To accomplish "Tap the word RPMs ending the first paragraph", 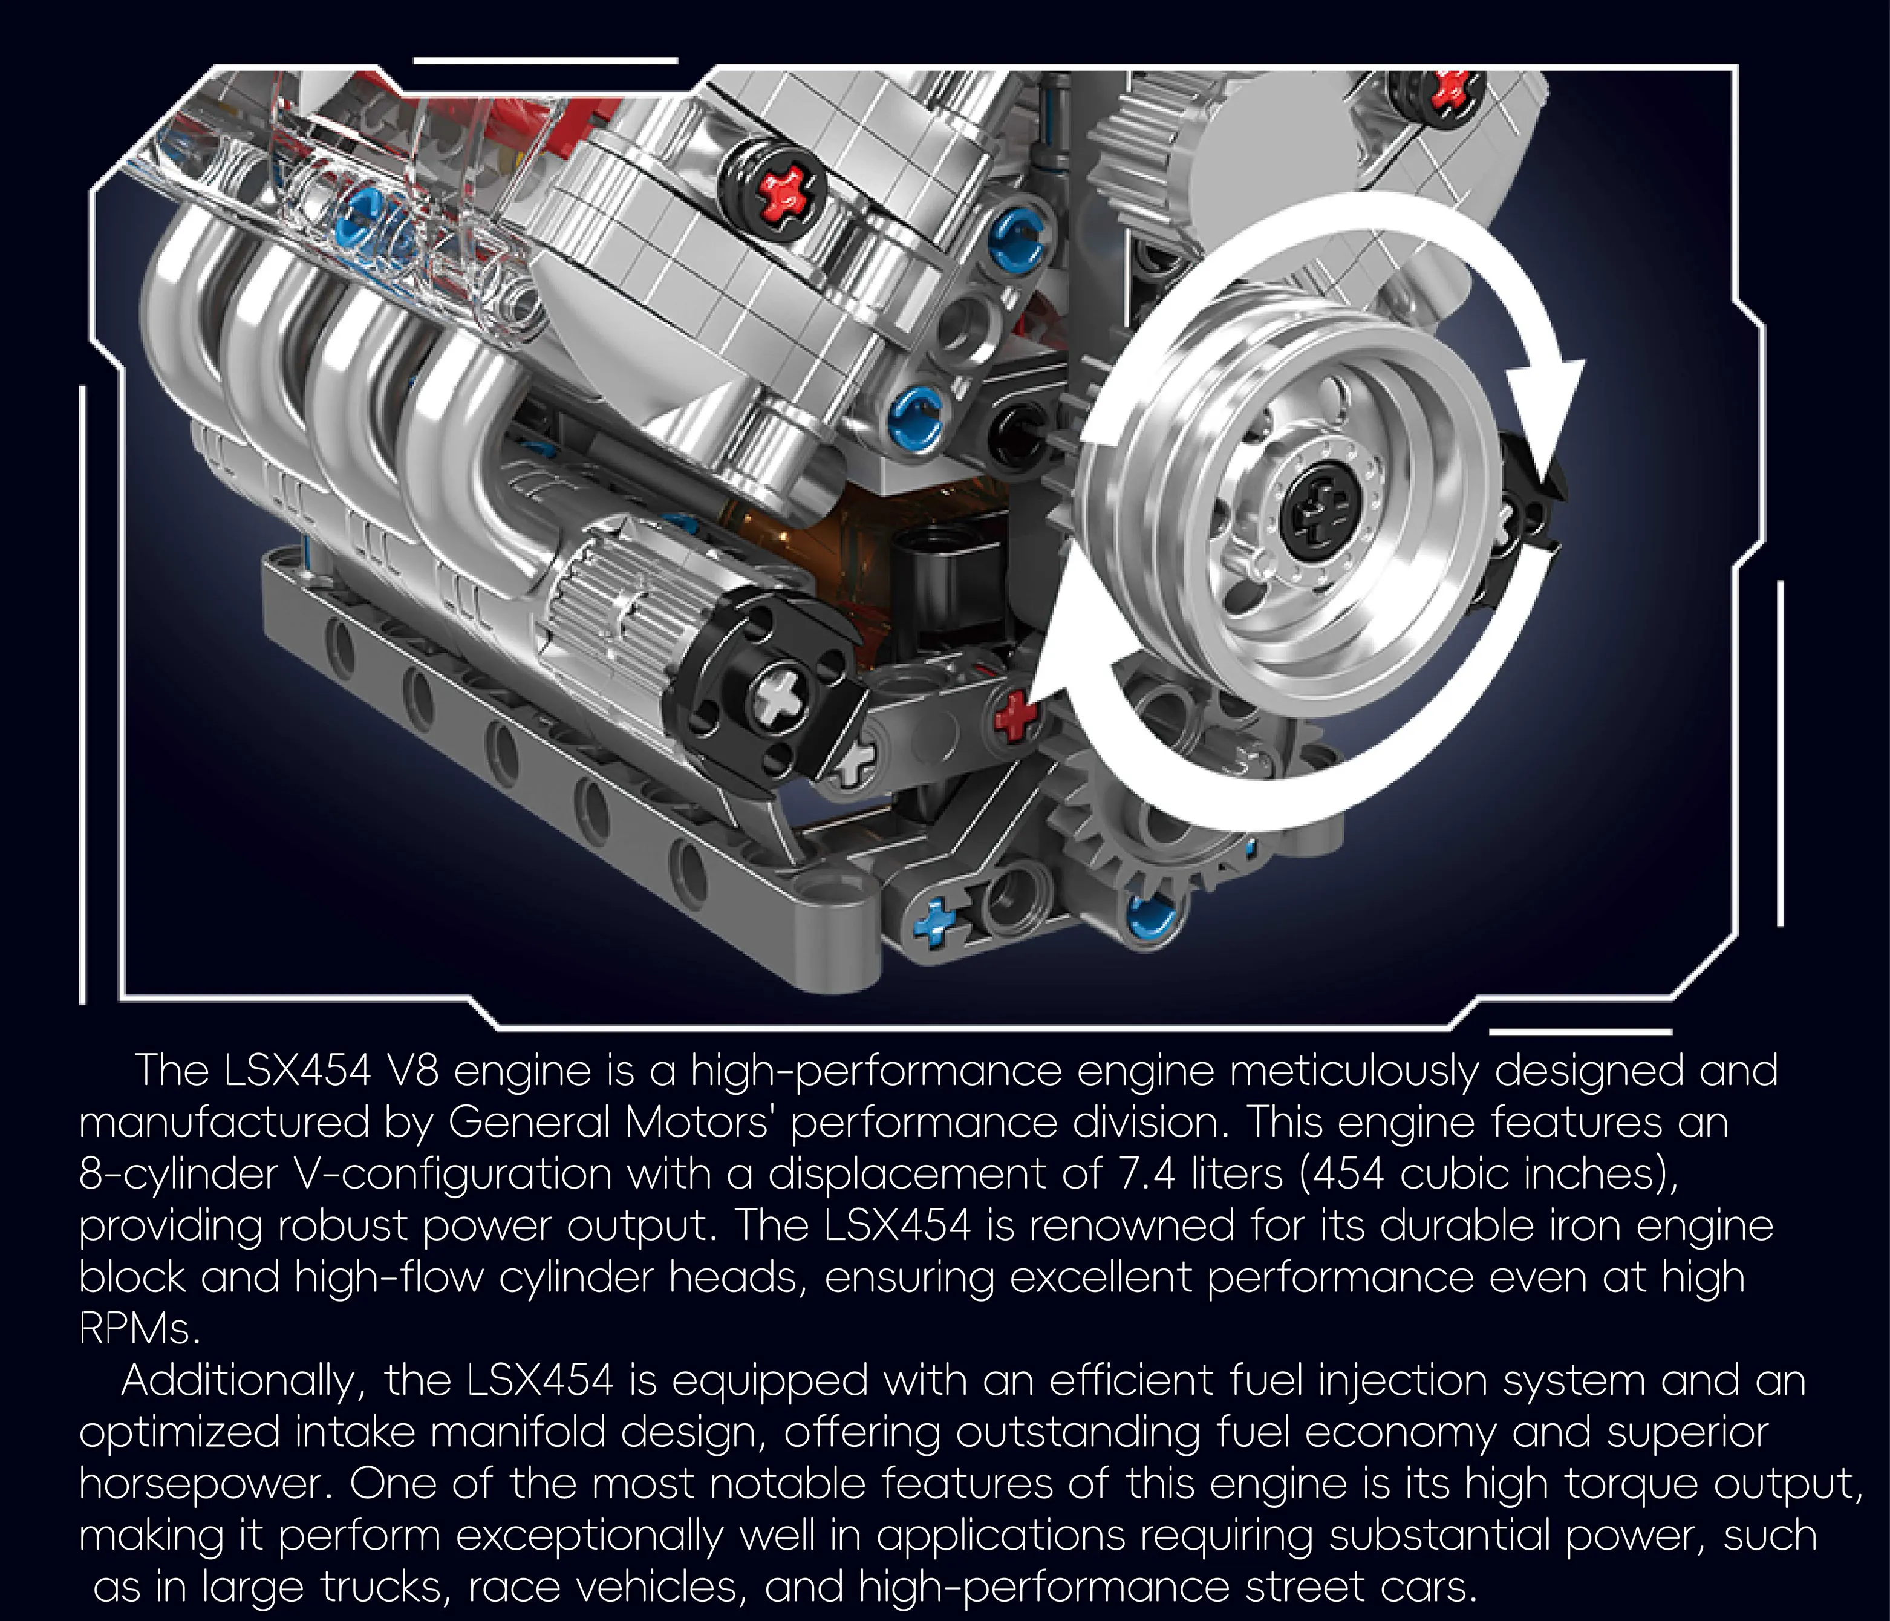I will (x=138, y=1329).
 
